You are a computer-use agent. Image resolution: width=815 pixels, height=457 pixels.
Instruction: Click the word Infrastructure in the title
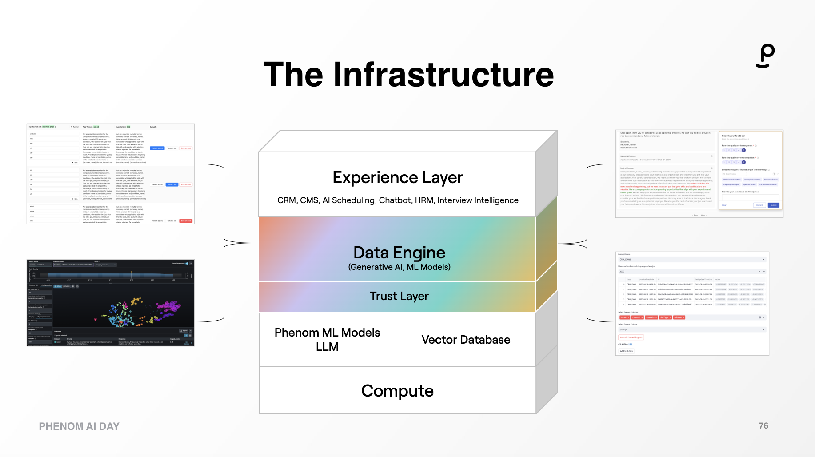coord(443,75)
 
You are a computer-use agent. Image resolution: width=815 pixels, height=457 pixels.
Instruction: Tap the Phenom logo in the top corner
coord(766,56)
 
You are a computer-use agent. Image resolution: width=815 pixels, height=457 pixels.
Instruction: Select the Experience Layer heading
coord(398,177)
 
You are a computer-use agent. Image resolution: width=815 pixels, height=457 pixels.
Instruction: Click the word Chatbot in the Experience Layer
coord(395,200)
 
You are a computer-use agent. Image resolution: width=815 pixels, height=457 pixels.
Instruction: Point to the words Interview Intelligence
coord(478,200)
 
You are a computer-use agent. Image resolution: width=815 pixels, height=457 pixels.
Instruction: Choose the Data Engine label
coord(399,253)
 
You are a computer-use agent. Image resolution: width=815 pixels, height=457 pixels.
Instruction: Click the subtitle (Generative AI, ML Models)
coord(399,267)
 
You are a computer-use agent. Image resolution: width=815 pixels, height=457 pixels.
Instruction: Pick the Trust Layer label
coord(399,296)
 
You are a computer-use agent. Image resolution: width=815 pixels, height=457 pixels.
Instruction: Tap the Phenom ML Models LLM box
coord(328,339)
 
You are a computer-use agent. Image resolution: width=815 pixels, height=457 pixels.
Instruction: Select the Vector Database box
coord(466,340)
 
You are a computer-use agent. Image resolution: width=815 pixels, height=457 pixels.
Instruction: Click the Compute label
coord(397,391)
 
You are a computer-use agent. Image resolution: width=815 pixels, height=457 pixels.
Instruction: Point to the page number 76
coord(763,426)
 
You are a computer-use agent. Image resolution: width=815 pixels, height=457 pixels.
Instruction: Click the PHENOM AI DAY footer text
coord(79,426)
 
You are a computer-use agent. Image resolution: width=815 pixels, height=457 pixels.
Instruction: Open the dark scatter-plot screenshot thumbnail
coord(111,303)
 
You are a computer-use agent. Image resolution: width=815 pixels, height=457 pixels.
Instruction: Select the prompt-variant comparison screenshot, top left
coord(111,174)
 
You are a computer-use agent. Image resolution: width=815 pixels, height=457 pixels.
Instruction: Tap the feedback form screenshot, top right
coord(699,174)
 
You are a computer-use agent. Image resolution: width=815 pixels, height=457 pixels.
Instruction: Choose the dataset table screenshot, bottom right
coord(692,304)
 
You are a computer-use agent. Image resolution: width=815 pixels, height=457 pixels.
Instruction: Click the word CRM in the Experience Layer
coord(287,200)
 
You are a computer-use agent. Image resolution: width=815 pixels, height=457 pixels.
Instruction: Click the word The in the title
coord(293,75)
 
